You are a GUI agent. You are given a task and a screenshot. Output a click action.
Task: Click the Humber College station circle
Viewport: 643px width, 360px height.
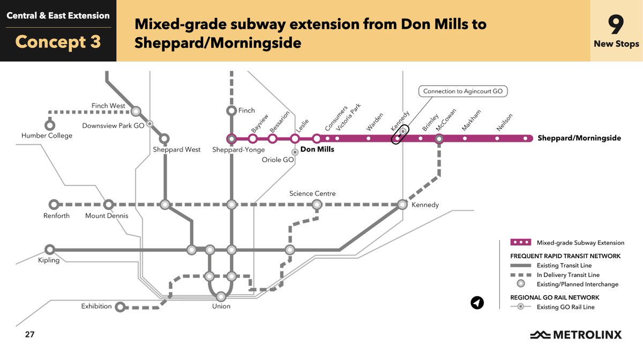point(50,125)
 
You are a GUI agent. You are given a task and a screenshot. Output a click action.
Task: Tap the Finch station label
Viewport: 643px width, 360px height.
point(246,110)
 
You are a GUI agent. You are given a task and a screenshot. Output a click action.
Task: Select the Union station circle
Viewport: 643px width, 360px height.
point(221,296)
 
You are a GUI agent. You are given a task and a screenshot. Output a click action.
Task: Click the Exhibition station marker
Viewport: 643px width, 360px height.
point(121,307)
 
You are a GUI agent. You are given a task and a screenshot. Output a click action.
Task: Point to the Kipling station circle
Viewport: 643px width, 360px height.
point(50,249)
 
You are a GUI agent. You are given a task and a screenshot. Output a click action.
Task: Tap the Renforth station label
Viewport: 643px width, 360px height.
point(56,216)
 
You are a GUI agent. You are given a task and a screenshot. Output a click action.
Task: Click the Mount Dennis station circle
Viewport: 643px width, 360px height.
point(109,205)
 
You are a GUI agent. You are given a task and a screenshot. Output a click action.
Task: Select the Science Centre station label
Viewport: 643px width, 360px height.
point(312,193)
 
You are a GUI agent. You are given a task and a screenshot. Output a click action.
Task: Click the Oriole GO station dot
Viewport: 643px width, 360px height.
point(295,152)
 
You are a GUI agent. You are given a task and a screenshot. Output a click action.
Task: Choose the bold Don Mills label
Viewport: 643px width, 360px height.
point(317,149)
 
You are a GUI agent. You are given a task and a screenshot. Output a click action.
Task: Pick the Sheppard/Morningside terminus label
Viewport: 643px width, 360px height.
point(579,138)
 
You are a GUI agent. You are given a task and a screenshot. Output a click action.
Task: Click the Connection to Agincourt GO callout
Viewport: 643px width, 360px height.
point(463,92)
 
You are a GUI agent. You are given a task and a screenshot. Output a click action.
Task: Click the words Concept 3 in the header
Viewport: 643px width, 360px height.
point(58,42)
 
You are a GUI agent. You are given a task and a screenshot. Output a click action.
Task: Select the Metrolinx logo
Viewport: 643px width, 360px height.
point(575,335)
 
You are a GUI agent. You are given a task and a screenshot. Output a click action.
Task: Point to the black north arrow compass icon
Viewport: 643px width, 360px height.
point(477,303)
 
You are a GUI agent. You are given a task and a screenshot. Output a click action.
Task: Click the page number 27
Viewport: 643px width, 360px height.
point(29,335)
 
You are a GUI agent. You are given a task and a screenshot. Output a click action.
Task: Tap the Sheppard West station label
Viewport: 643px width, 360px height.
point(177,149)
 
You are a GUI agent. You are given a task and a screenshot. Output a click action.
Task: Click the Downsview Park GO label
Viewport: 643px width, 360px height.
point(114,126)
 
